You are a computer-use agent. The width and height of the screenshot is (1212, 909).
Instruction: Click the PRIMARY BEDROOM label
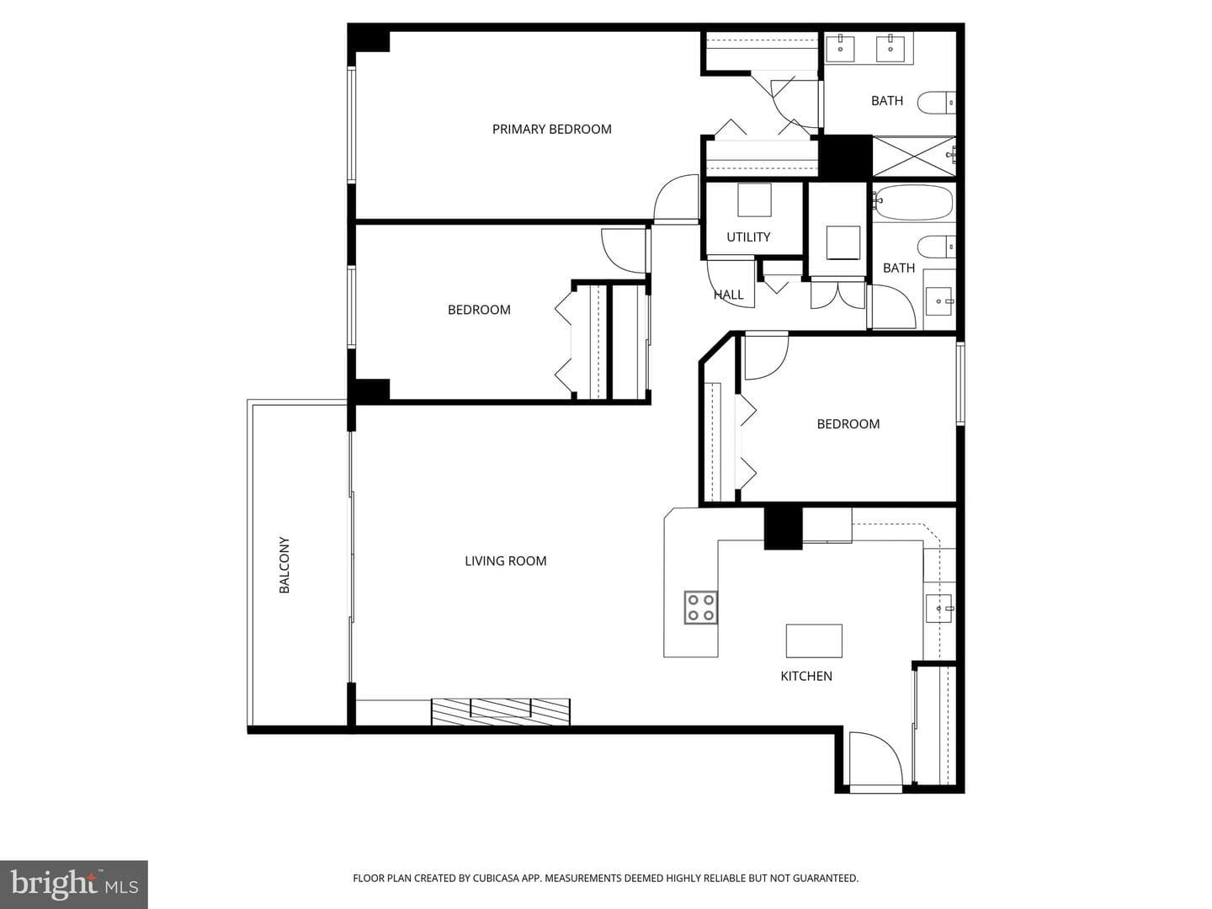click(x=551, y=129)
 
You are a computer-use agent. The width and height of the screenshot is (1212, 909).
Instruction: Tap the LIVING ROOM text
click(x=505, y=561)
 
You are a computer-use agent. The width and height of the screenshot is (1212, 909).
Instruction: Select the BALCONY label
click(x=284, y=565)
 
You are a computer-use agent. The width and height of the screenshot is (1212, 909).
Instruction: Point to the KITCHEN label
click(x=806, y=676)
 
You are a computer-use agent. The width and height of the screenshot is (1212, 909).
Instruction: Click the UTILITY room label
click(x=748, y=237)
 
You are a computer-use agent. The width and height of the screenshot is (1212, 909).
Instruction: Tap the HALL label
click(x=728, y=295)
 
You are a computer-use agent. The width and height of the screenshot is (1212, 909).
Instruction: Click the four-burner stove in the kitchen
click(x=701, y=607)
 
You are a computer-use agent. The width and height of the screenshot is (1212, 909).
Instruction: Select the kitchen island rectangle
click(x=814, y=641)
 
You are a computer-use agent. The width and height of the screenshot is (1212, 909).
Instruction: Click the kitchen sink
click(x=938, y=609)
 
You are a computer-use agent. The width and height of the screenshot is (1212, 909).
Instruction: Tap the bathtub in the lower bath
click(x=914, y=202)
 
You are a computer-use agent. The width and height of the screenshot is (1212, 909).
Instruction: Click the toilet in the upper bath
click(x=937, y=103)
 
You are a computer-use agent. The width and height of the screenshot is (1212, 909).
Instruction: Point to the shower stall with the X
click(x=914, y=157)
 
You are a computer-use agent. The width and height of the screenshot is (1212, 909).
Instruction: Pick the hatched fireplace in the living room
click(x=500, y=711)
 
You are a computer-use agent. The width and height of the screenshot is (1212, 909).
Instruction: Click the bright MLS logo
click(x=74, y=884)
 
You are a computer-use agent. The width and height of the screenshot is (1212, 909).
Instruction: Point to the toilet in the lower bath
click(x=937, y=247)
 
